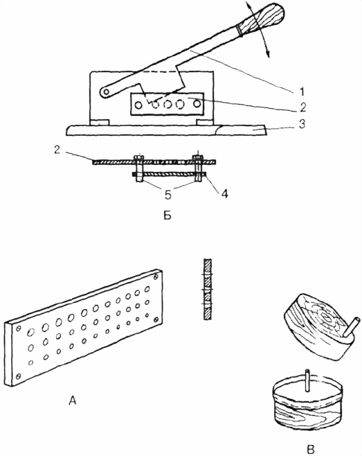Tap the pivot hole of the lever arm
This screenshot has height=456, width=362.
[107, 92]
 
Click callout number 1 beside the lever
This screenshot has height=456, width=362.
[302, 92]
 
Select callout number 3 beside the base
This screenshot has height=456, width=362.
[302, 124]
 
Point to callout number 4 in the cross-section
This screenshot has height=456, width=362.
[224, 193]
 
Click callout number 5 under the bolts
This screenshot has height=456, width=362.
[168, 195]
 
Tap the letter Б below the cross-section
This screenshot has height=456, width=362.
[168, 216]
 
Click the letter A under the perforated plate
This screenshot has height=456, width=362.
[73, 401]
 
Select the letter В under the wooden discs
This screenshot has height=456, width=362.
[311, 449]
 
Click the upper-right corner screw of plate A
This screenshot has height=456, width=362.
[156, 277]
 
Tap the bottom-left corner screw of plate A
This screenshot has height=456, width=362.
[18, 376]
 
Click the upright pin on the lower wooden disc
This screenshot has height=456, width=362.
[307, 380]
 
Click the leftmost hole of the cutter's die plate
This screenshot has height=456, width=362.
[138, 105]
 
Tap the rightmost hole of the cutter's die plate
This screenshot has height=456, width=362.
[197, 103]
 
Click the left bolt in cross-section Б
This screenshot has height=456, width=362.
[139, 168]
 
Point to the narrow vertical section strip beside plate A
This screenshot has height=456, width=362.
[208, 290]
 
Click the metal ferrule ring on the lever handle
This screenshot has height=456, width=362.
[239, 30]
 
